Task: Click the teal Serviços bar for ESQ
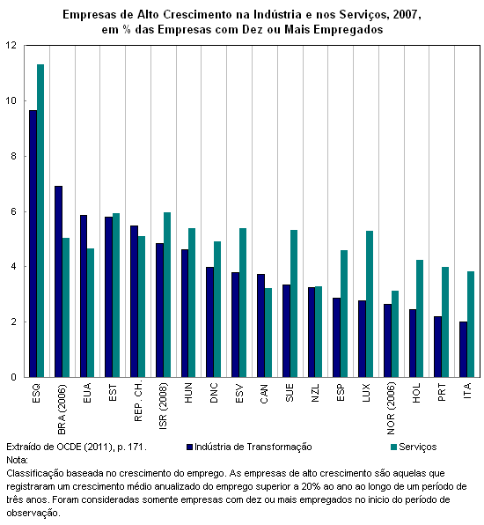click(40, 220)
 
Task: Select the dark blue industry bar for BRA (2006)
click(59, 282)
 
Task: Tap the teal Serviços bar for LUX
click(370, 304)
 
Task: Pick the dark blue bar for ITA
click(463, 350)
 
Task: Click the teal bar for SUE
click(294, 304)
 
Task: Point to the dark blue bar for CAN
click(260, 326)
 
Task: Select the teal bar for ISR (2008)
click(167, 294)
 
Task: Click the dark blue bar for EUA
click(84, 296)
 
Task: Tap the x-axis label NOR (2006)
click(391, 408)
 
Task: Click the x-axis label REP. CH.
click(138, 401)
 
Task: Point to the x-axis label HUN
click(188, 392)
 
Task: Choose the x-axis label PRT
click(442, 392)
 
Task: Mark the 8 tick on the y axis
click(14, 157)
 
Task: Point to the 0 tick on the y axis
click(14, 377)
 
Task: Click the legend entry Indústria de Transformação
click(249, 447)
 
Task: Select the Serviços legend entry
click(414, 447)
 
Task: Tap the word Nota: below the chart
click(17, 460)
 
